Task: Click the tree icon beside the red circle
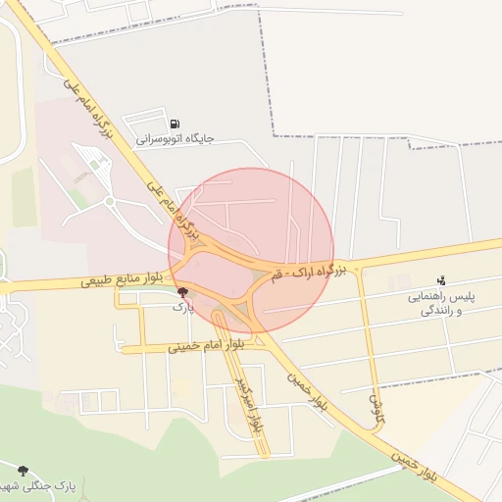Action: click(x=183, y=292)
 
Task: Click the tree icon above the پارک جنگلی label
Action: click(x=22, y=471)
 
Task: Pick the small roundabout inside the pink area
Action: click(x=110, y=202)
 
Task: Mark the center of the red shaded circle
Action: click(x=251, y=250)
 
